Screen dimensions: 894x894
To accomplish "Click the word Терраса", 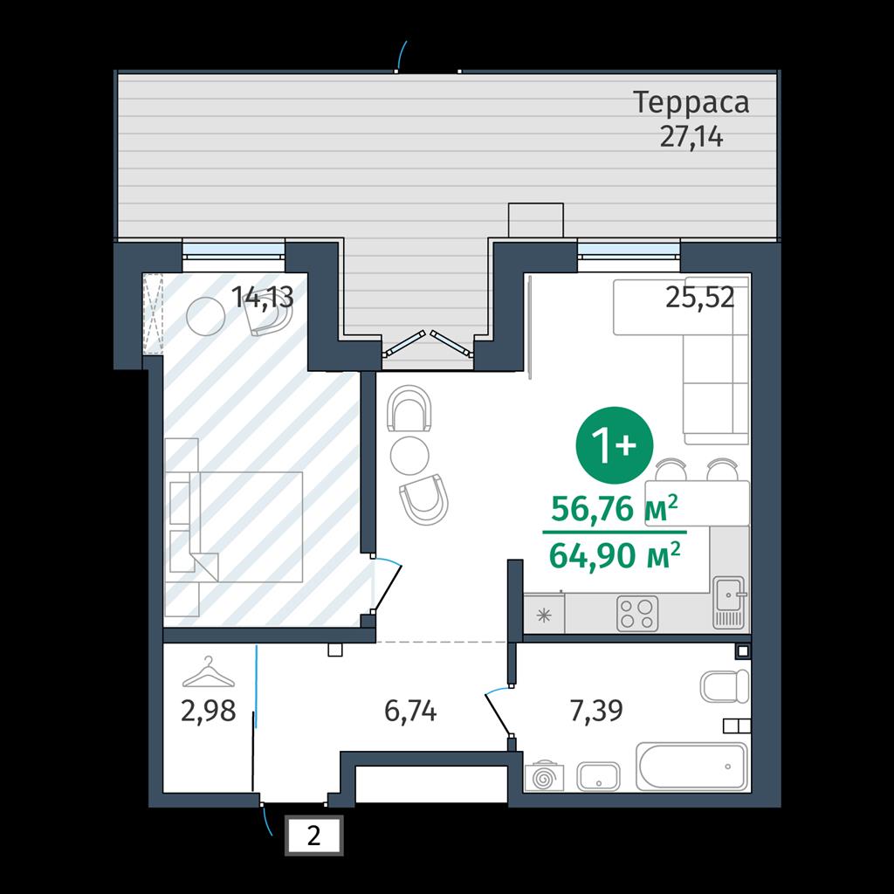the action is (x=691, y=103).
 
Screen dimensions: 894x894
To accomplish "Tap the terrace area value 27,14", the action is (x=691, y=137).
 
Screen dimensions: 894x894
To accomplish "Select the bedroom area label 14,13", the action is (x=262, y=297).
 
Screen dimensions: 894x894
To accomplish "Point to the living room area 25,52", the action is (x=699, y=297).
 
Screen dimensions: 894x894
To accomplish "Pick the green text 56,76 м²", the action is (x=615, y=508).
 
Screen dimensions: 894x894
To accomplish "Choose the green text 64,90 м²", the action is (x=615, y=554).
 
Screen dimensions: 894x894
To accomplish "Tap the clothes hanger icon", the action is (x=209, y=672).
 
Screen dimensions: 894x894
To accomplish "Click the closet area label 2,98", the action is (x=208, y=711).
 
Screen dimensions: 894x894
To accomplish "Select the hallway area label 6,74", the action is (x=410, y=711).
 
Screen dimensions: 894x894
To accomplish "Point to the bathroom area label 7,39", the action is (x=596, y=711).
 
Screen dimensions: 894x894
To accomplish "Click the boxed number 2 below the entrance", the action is (x=313, y=836).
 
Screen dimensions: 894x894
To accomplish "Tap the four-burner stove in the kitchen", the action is (x=636, y=614).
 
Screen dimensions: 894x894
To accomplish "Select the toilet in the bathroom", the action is (x=724, y=686).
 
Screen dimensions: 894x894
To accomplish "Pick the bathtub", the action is (x=691, y=767).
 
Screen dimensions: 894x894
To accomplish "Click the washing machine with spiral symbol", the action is (x=545, y=776).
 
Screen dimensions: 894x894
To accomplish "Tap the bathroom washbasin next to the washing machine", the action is (x=598, y=776).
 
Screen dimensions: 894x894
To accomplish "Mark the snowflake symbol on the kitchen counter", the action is (x=545, y=615).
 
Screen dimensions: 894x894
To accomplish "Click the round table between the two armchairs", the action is (x=409, y=454).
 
